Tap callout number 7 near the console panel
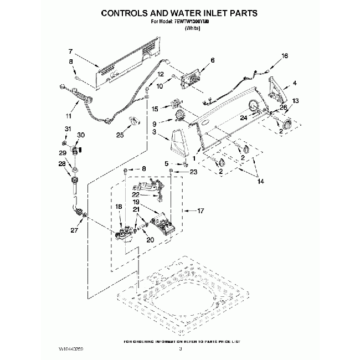[70, 50]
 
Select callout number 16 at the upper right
[285, 56]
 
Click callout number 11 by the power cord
[69, 116]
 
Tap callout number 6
[212, 60]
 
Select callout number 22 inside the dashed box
[136, 194]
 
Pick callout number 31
[68, 130]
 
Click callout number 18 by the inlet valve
[118, 207]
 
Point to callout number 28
[61, 164]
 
